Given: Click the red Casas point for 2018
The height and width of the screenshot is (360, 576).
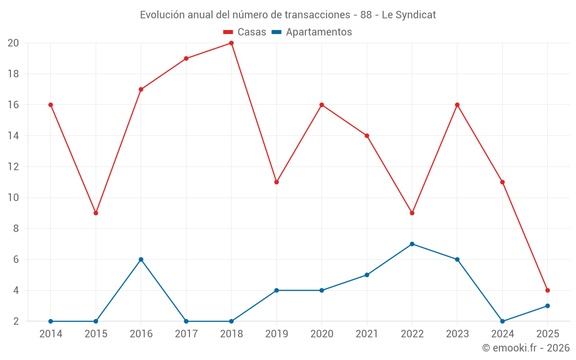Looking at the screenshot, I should click(x=231, y=43).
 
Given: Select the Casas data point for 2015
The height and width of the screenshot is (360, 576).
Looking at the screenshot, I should click(x=96, y=213).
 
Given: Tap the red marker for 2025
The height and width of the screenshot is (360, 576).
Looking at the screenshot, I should click(x=547, y=290).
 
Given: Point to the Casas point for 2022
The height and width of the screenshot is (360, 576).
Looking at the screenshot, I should click(x=412, y=213).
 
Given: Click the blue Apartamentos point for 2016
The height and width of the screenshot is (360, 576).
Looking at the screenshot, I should click(x=141, y=259).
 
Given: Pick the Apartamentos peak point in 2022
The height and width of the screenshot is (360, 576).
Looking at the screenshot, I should click(x=412, y=244).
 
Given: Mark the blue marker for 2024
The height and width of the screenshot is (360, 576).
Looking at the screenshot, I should click(x=502, y=321).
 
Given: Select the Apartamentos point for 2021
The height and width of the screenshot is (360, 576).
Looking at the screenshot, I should click(x=367, y=275).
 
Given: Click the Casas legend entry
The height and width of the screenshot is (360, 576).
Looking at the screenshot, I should click(x=245, y=32).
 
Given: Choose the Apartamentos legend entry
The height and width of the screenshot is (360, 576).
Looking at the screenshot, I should click(x=312, y=32).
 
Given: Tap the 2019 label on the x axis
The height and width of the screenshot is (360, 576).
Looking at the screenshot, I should click(x=276, y=334).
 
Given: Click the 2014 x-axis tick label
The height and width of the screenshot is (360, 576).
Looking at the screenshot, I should click(x=51, y=334).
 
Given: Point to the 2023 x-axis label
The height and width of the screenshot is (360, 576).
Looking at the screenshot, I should click(x=457, y=334).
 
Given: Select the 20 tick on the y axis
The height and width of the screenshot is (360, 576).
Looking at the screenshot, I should click(x=13, y=43).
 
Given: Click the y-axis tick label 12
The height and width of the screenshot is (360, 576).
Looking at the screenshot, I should click(x=13, y=167).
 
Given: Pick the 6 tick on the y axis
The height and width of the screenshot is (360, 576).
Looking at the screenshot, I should click(x=16, y=260).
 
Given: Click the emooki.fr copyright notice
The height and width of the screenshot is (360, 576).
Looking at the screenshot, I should click(x=526, y=348).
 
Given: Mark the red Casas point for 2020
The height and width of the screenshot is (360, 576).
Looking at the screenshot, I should click(x=321, y=105).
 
